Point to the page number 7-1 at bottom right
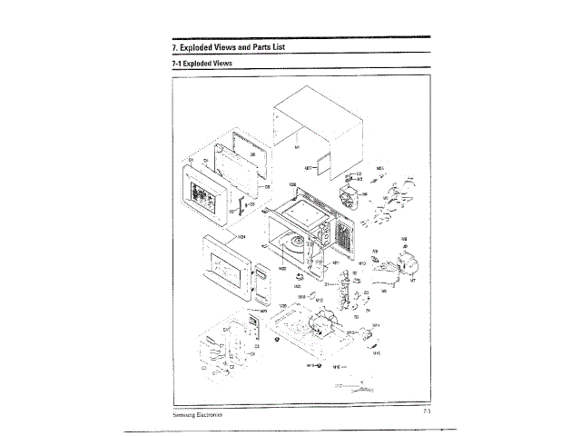click(425, 412)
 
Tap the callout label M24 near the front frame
click(242, 236)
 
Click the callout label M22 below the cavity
click(282, 269)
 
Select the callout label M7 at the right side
click(413, 281)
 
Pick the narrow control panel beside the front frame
click(261, 286)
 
